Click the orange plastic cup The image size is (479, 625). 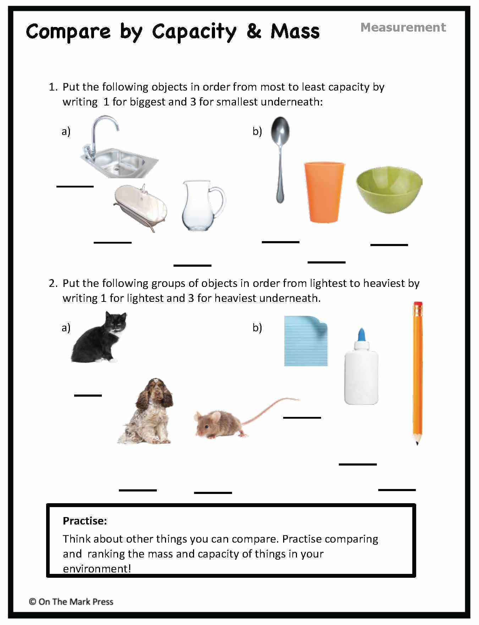click(324, 192)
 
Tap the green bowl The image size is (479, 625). click(389, 190)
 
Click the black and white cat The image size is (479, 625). click(99, 339)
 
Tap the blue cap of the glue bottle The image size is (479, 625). click(362, 335)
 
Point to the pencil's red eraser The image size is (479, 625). click(418, 305)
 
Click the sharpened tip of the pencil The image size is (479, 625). click(417, 442)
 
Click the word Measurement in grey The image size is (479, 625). click(403, 27)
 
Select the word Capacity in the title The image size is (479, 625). click(194, 32)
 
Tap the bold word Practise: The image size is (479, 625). click(84, 521)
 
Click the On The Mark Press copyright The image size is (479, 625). click(71, 602)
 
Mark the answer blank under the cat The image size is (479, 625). click(88, 395)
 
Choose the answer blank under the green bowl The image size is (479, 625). click(389, 245)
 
